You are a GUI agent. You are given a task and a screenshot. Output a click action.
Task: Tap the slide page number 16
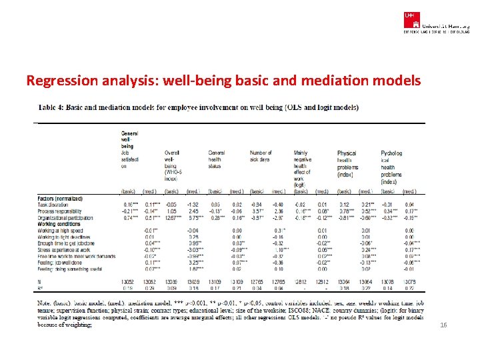(443, 325)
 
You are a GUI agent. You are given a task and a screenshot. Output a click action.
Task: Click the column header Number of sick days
(261, 156)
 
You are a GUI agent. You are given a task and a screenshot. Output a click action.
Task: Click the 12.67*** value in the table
(174, 217)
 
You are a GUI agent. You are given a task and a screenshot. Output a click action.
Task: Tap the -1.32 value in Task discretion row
(193, 204)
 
